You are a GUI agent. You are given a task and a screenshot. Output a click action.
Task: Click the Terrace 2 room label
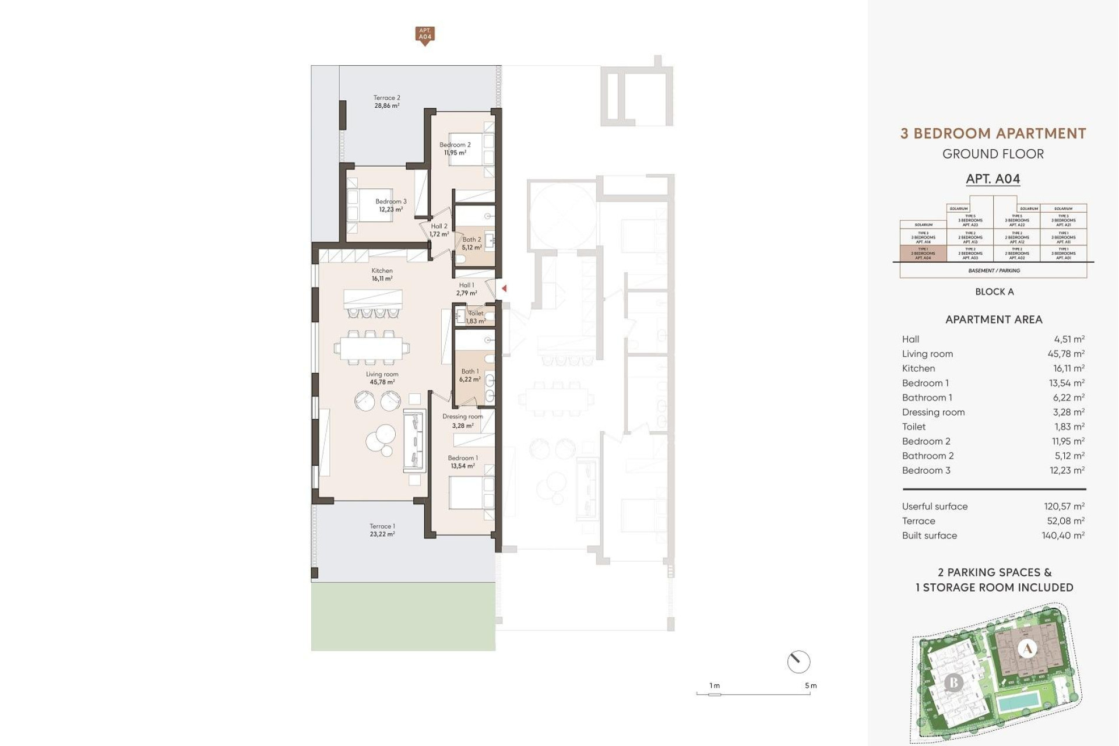coord(386,102)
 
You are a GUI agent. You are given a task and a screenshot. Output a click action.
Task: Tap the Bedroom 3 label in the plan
coord(390,205)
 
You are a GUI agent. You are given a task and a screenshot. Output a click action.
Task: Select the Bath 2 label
coord(471,243)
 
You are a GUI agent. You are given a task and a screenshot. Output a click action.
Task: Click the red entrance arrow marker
coord(504,288)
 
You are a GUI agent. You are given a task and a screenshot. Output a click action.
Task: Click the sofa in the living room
coord(413,440)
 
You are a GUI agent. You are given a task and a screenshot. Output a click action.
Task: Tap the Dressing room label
coord(462,421)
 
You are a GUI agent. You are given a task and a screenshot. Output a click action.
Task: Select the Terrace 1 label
coord(382,530)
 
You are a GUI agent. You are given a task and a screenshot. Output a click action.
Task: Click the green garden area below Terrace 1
coord(403,617)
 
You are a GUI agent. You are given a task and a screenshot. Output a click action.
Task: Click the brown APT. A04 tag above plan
coord(425,34)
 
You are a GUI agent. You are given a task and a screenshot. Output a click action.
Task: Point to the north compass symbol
coord(798,661)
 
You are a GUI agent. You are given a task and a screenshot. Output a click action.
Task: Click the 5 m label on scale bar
coord(811,685)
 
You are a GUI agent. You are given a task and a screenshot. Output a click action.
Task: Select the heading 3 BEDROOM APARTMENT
coord(993,133)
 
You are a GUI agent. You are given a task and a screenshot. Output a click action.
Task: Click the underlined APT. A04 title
coord(993,179)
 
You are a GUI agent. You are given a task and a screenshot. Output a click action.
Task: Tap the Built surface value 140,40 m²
coord(1063,536)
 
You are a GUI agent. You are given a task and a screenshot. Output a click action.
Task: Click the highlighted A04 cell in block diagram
coord(923,254)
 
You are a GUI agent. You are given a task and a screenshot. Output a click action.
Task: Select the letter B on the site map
coord(953,682)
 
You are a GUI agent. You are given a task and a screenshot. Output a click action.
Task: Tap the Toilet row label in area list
coord(913,427)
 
